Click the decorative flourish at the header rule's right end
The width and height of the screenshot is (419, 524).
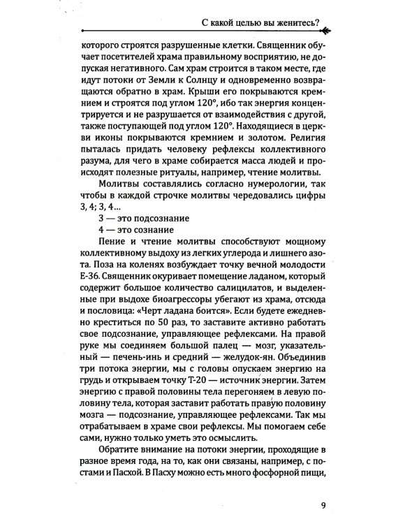point(326,30)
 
